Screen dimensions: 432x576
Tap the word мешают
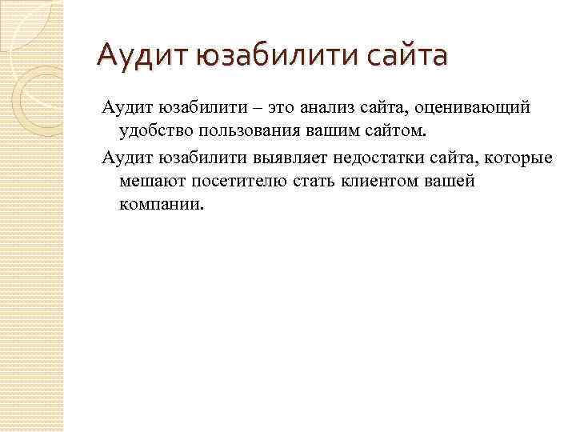tap(153, 181)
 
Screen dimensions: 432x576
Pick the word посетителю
tap(239, 181)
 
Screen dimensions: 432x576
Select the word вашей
tap(452, 181)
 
